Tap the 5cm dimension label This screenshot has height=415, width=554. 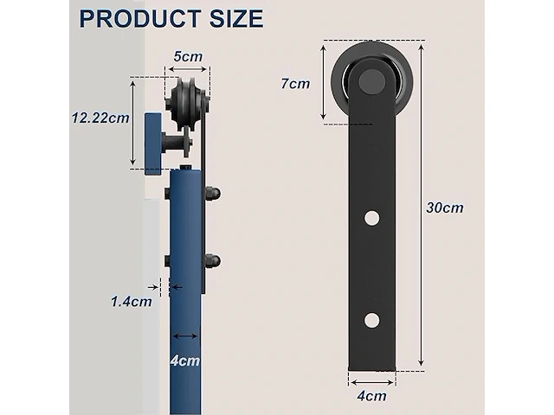(188, 56)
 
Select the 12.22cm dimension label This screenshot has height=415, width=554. (100, 118)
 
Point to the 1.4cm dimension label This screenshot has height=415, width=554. (131, 302)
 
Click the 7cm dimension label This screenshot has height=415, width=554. (295, 84)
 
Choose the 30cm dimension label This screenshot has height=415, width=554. (445, 207)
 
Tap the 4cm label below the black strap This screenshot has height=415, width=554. (371, 396)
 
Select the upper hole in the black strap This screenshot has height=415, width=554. (372, 217)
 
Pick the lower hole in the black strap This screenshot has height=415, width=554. (372, 320)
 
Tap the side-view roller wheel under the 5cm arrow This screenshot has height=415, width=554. (189, 105)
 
